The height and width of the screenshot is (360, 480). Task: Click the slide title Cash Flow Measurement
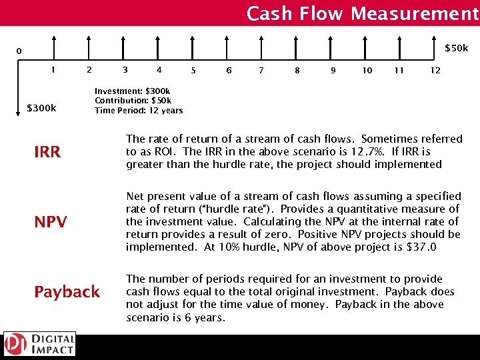pos(362,13)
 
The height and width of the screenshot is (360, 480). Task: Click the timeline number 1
pos(53,69)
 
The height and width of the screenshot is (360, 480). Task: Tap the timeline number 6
pos(229,70)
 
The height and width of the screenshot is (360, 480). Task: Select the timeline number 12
pos(435,70)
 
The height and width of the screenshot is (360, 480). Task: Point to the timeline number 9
pos(333,70)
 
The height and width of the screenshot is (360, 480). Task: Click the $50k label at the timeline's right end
pos(457,48)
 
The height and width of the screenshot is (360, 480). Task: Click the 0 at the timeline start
pos(19,51)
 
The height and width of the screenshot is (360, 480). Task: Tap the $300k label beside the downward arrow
pos(41,107)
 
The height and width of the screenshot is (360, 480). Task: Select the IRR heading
pos(47,152)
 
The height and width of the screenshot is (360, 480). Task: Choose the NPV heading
pos(51,222)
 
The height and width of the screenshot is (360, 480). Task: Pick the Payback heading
pos(67,292)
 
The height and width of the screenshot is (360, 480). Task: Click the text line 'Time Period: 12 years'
pos(139,110)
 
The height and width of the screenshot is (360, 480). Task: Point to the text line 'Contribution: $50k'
pos(133,101)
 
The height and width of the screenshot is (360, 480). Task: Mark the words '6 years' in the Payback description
pos(203,317)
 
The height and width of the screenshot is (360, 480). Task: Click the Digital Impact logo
pos(39,344)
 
